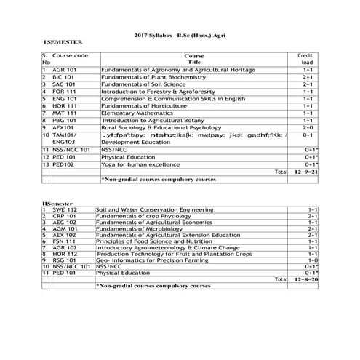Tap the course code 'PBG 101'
64,121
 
